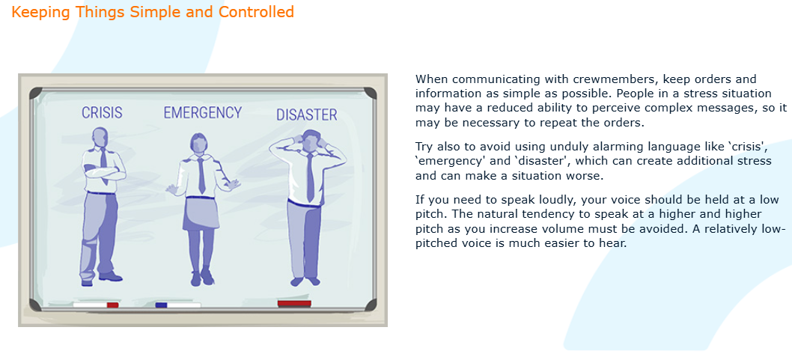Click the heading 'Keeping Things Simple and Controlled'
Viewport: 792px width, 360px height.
point(153,12)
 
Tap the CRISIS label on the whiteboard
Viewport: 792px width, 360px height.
point(102,112)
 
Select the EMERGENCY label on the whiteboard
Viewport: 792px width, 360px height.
point(203,112)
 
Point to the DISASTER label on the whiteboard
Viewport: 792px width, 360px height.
point(307,115)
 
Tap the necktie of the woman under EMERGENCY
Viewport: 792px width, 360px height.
point(201,174)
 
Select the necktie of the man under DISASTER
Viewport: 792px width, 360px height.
point(310,177)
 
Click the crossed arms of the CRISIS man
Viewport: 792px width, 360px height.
point(105,171)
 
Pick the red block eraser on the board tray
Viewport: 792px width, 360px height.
point(294,303)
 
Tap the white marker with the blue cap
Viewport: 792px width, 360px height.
point(178,305)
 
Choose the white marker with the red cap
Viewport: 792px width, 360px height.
point(96,305)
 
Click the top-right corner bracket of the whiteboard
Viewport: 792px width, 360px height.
point(371,94)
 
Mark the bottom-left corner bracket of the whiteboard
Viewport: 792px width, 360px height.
point(35,305)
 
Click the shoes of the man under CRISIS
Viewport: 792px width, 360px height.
point(102,278)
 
